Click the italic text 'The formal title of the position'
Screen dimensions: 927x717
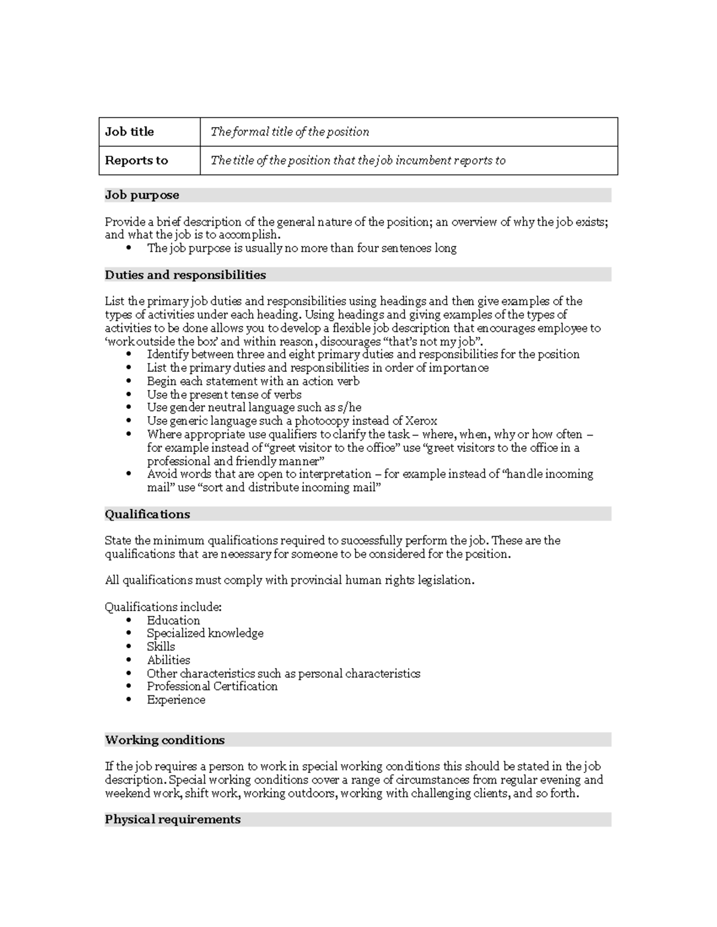pos(290,132)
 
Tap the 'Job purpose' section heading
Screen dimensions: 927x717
pos(142,195)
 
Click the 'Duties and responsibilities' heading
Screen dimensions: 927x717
pos(185,275)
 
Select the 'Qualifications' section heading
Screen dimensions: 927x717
pos(148,515)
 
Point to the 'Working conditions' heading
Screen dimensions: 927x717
pos(165,740)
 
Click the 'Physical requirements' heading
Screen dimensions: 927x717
pos(173,820)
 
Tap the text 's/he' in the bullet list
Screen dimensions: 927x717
pos(350,408)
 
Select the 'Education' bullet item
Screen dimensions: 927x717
pos(173,620)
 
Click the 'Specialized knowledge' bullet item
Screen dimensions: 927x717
pos(205,633)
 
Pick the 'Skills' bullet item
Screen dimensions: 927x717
pos(161,646)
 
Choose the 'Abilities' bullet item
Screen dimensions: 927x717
pos(168,660)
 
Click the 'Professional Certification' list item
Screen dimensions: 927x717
pos(212,686)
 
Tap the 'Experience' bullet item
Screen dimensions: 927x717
pos(176,700)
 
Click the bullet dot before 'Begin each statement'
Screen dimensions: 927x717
pos(129,381)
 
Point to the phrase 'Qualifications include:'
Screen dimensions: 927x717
pos(163,607)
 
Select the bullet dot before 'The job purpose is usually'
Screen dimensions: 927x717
pos(129,248)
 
